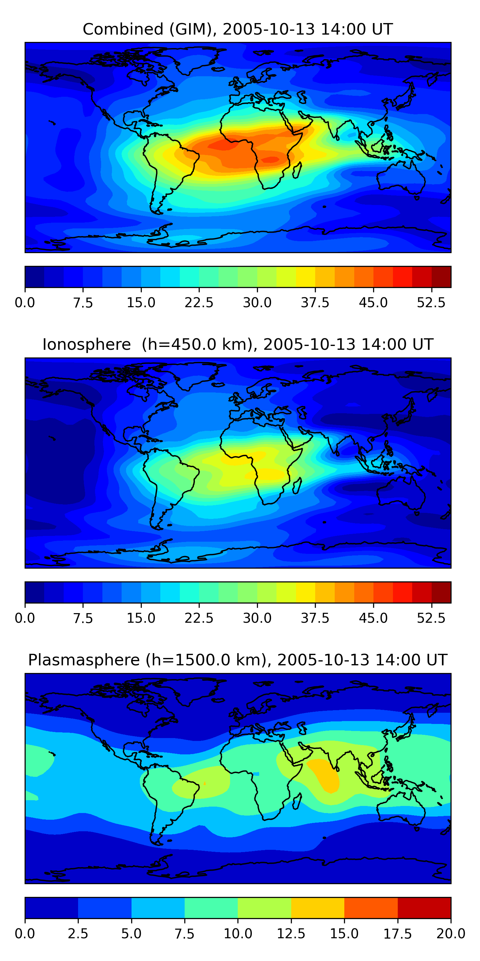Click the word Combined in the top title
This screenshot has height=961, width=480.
pos(123,29)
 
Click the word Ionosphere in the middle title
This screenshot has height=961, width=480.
pos(86,345)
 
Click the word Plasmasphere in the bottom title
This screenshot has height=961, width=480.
pos(84,660)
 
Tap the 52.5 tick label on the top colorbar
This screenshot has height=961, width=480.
pos(431,302)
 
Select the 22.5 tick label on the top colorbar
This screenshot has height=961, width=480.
pos(199,302)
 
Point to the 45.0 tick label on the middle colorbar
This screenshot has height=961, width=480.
pos(373,618)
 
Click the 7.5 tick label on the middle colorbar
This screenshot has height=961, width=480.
pos(83,618)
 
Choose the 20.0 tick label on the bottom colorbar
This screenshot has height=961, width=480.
pos(451,933)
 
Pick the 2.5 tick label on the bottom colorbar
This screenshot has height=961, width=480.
pos(78,933)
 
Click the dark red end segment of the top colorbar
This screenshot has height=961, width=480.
pos(441,277)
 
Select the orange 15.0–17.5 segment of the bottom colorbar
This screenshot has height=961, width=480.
pos(371,908)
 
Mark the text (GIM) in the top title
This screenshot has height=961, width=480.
pos(193,29)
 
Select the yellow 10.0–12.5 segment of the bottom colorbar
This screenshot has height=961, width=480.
pos(264,908)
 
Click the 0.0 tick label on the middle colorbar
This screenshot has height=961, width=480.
pos(25,618)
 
